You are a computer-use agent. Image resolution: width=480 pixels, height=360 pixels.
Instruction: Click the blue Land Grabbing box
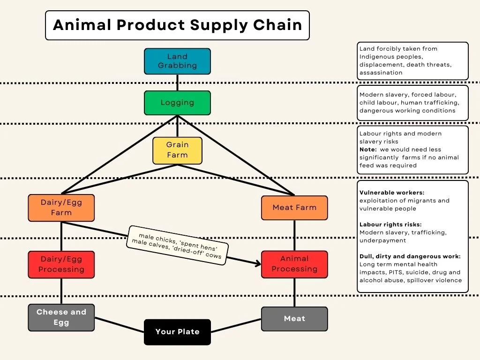(x=177, y=61)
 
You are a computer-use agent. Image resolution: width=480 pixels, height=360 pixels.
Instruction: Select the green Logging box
(x=177, y=103)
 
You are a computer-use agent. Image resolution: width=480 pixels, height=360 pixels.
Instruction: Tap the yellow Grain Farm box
(x=177, y=150)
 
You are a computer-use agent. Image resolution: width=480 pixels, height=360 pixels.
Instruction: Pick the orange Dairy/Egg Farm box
(x=61, y=208)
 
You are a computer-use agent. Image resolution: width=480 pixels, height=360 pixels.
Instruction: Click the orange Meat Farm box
(x=294, y=208)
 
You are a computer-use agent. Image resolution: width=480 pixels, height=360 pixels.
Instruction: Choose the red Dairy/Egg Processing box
(x=61, y=264)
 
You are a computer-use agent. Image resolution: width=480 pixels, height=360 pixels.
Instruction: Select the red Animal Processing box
(x=294, y=264)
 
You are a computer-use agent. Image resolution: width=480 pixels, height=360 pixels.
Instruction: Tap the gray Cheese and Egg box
(x=61, y=317)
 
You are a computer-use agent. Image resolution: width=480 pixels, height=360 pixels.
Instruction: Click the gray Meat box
(x=294, y=319)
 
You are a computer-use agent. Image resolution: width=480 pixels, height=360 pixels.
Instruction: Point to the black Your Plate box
(x=177, y=332)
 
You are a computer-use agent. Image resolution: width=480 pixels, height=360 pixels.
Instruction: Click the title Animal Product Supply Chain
(x=177, y=25)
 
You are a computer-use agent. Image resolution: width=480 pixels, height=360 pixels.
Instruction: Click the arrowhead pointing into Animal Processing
(x=258, y=264)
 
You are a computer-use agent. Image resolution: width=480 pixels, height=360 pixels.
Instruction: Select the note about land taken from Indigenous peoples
(x=412, y=61)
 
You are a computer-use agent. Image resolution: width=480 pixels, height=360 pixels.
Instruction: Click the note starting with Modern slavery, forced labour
(x=412, y=103)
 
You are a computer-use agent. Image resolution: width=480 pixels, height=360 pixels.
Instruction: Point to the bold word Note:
(x=367, y=150)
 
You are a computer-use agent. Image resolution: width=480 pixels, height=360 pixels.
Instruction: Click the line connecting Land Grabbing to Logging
(x=177, y=82)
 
